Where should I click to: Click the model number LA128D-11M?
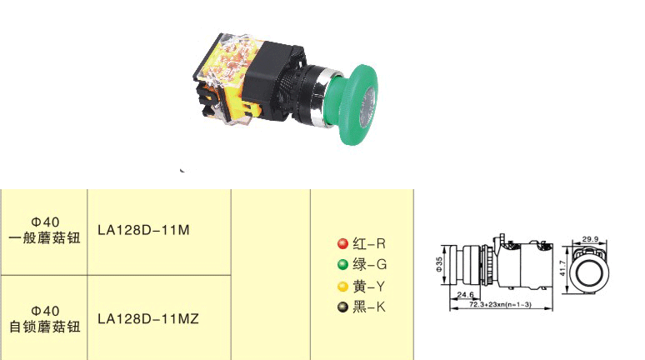tap(143, 230)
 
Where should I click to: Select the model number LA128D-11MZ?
tap(148, 319)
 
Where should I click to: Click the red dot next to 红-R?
tap(342, 243)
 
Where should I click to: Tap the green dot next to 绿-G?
tap(342, 264)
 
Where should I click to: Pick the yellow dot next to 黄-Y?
tap(342, 287)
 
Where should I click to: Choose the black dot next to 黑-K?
tap(342, 307)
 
